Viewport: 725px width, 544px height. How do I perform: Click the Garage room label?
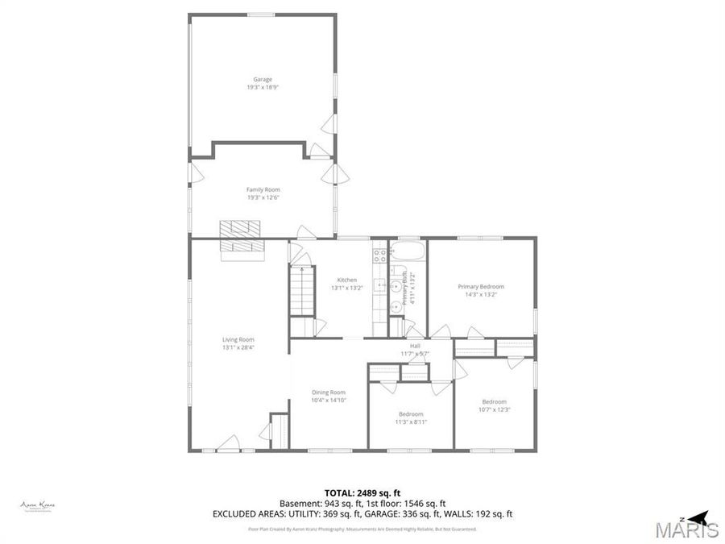click(x=263, y=79)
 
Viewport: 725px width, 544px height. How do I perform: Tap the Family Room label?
click(x=263, y=189)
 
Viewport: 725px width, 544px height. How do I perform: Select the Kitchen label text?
click(x=346, y=280)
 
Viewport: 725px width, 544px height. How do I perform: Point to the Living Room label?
click(x=238, y=339)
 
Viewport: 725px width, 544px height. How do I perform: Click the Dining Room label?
click(x=329, y=392)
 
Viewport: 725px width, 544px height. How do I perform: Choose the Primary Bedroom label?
click(x=481, y=286)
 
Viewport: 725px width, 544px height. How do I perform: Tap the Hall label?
click(x=415, y=346)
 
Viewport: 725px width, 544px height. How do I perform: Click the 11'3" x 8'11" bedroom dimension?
click(x=411, y=421)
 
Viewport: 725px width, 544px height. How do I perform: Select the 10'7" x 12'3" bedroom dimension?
click(x=495, y=409)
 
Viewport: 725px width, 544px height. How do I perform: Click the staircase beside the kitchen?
click(x=300, y=293)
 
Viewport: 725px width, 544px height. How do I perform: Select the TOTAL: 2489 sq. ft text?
click(x=362, y=492)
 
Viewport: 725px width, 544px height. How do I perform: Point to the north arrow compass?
click(x=698, y=516)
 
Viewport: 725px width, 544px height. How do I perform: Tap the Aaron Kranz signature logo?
click(x=37, y=505)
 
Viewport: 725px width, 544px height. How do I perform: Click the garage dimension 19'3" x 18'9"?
click(x=263, y=87)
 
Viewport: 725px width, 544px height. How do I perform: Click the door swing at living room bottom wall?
click(x=230, y=442)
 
